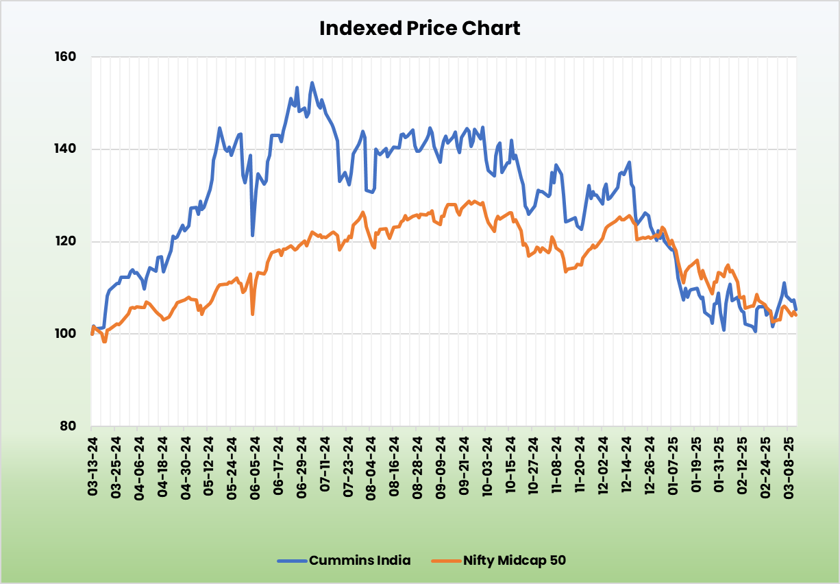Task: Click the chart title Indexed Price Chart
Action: coord(420,28)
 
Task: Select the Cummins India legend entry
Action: coord(360,560)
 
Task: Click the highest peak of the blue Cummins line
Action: coord(312,83)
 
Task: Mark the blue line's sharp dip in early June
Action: coord(253,235)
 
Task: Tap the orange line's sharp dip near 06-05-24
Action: coord(253,314)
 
